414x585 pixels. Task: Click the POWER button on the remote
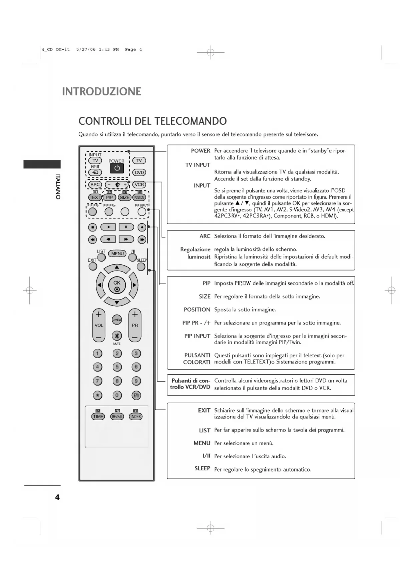click(117, 168)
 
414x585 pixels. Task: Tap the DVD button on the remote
click(139, 172)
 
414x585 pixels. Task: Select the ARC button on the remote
click(95, 184)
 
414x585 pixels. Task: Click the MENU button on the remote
click(117, 253)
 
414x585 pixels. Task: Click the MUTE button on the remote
click(117, 336)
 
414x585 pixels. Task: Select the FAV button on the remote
click(136, 396)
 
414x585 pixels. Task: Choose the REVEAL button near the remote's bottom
click(117, 417)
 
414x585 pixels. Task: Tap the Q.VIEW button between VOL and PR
click(117, 320)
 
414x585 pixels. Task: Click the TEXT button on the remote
click(95, 197)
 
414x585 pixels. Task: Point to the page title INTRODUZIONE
click(102, 92)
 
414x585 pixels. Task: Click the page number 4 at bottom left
click(57, 497)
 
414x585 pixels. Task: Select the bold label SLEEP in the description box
click(202, 469)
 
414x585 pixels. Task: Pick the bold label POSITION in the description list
click(197, 310)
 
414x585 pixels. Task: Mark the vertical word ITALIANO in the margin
click(58, 186)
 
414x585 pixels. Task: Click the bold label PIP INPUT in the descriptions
click(197, 336)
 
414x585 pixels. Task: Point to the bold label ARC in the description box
click(205, 236)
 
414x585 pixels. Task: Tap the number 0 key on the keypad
click(117, 396)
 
